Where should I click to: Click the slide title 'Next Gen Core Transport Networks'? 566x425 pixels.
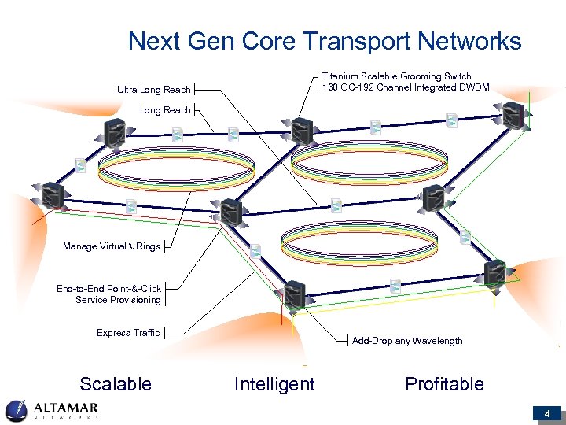[x=325, y=41]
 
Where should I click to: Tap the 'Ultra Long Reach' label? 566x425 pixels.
[x=154, y=90]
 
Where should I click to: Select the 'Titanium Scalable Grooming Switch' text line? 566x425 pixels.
[x=397, y=76]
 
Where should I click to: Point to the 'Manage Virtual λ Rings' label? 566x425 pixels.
[x=111, y=246]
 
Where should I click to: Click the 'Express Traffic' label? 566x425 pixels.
[x=128, y=333]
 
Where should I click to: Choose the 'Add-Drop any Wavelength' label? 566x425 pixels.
[x=407, y=341]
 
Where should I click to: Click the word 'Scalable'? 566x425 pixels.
[x=116, y=384]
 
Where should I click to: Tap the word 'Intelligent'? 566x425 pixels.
[x=274, y=384]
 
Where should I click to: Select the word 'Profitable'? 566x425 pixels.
[x=444, y=384]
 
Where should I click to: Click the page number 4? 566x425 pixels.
[x=546, y=413]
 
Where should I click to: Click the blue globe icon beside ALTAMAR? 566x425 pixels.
[x=17, y=411]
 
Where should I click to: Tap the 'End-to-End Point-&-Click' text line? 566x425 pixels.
[x=108, y=289]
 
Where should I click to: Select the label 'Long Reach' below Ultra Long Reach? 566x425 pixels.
[x=165, y=110]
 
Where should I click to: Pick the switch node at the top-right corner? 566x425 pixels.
[x=514, y=116]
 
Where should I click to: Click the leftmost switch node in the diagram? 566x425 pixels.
[x=52, y=194]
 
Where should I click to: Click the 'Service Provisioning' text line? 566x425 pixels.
[x=118, y=300]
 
